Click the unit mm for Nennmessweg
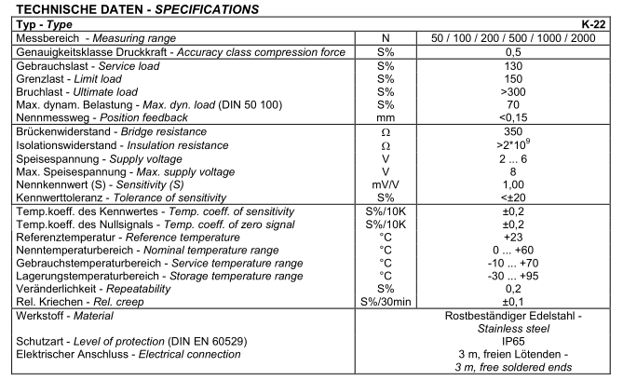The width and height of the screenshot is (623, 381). pyautogui.click(x=380, y=119)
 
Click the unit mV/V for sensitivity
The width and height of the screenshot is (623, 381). pyautogui.click(x=380, y=186)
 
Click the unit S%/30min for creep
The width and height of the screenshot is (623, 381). pyautogui.click(x=380, y=303)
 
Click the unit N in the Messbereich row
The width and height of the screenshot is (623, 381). pyautogui.click(x=380, y=36)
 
